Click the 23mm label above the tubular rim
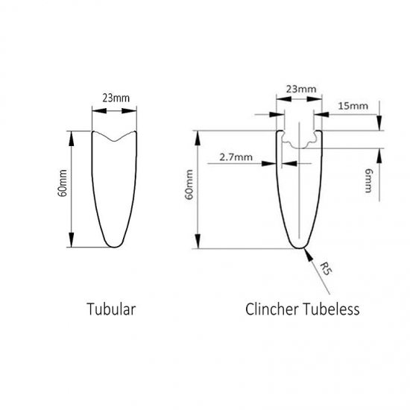(116, 98)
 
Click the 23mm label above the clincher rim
(301, 89)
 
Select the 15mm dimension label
(353, 106)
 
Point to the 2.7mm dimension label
(236, 157)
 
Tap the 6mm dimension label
(368, 180)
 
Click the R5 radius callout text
(326, 268)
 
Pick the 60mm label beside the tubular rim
(63, 183)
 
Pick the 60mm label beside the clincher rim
(189, 184)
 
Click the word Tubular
(111, 309)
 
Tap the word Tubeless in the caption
(331, 309)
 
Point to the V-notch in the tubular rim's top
(114, 141)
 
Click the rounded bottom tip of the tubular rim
(115, 246)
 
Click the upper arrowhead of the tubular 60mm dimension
(71, 139)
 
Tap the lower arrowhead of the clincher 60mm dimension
(198, 241)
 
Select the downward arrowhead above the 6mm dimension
(379, 123)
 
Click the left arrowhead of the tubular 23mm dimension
(99, 111)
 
